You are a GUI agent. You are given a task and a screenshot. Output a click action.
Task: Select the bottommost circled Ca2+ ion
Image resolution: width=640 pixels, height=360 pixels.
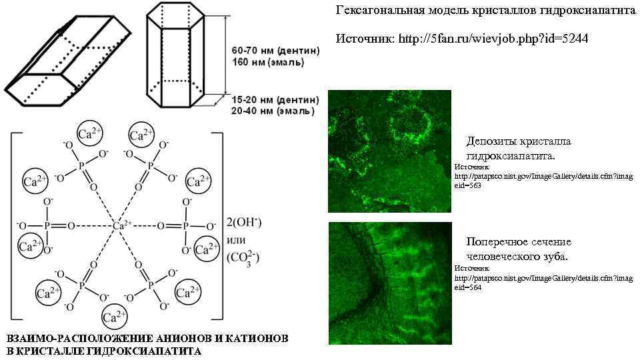click(115, 317)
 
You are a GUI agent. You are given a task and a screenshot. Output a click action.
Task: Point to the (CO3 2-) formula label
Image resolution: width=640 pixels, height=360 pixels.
click(243, 257)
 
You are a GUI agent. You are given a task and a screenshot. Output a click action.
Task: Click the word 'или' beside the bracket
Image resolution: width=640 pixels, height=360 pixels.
click(237, 240)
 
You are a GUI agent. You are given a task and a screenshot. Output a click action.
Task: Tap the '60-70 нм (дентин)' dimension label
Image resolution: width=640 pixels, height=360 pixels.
click(275, 51)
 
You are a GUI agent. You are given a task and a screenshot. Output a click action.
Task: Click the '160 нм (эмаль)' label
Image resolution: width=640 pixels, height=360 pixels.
click(267, 63)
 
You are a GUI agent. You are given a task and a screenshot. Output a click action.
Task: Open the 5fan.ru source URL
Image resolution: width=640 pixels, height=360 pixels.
click(493, 39)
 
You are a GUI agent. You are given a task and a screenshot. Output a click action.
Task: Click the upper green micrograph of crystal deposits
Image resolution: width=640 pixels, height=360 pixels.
click(389, 151)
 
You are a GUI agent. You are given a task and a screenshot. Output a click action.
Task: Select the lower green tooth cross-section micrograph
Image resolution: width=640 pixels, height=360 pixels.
click(389, 283)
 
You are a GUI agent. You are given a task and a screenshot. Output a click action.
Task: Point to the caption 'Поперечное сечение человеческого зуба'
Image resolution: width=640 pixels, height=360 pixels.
click(518, 249)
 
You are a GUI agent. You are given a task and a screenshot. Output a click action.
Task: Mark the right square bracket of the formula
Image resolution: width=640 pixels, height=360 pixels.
click(217, 225)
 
